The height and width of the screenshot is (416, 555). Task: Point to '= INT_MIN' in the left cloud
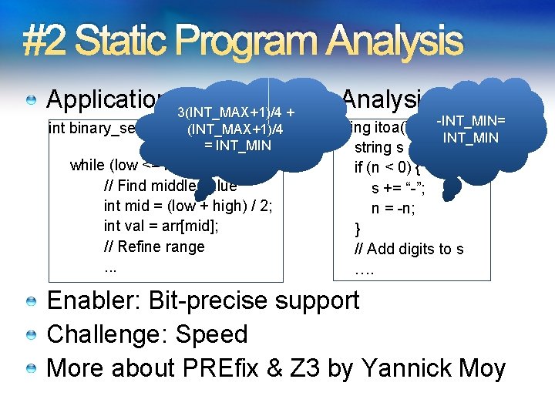230,145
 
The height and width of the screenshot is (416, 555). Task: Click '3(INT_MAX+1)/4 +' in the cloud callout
237,112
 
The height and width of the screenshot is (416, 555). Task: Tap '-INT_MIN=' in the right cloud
470,121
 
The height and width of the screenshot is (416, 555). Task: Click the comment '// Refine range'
154,247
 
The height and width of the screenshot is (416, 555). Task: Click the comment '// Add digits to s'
409,248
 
